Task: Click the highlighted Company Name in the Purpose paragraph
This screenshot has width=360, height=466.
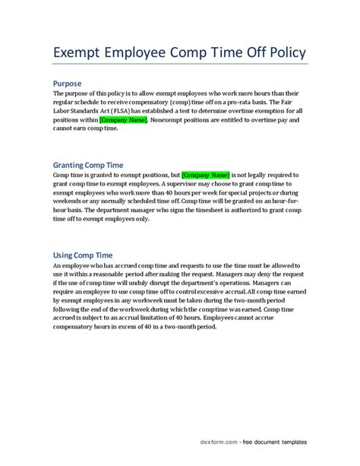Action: [x=124, y=121]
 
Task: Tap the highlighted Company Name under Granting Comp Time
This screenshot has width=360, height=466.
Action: [x=204, y=175]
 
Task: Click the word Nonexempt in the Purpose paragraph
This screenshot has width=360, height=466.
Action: [x=174, y=121]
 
